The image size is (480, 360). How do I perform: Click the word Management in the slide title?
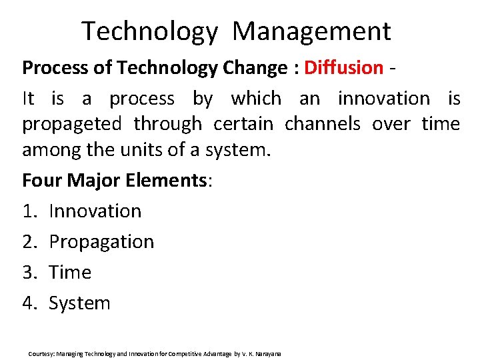[x=312, y=31]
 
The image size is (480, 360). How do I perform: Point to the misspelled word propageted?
[x=72, y=124]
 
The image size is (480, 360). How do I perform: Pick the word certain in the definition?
[x=243, y=124]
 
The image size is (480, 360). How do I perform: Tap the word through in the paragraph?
[x=167, y=124]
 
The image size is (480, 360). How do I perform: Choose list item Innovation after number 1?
[x=95, y=211]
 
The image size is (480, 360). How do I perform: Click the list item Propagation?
[x=101, y=242]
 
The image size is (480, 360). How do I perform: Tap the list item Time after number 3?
[x=70, y=272]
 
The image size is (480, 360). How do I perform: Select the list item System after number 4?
[x=79, y=303]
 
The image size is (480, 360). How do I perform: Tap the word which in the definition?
[x=256, y=99]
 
